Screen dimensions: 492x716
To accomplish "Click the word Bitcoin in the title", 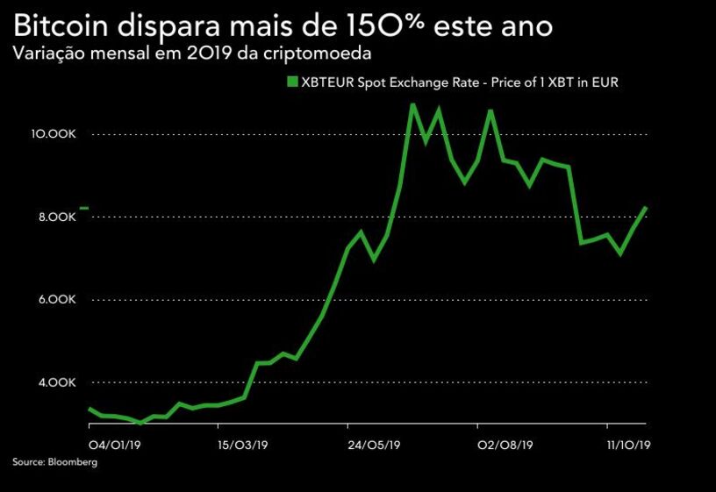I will [62, 25].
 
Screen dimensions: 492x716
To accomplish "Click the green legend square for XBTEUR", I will [291, 82].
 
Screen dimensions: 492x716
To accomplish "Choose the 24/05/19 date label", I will [375, 445].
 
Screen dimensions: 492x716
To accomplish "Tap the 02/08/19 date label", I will [505, 445].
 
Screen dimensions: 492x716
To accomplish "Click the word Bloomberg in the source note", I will [73, 462].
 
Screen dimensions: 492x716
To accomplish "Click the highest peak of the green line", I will [412, 104].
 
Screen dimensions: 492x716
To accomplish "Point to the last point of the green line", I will [646, 208].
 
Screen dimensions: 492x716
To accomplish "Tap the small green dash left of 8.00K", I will [84, 208].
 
